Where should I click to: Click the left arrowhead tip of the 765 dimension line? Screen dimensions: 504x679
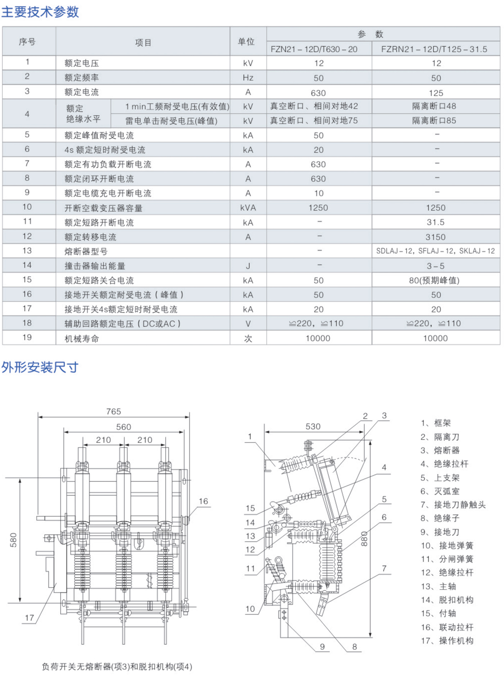coord(38,417)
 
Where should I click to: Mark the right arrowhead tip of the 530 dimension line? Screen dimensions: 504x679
coord(364,432)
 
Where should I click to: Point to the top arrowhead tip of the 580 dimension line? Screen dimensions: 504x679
coord(20,479)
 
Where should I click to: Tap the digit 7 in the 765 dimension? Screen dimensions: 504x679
coord(109,411)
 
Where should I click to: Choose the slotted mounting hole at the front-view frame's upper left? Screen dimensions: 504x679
coord(64,479)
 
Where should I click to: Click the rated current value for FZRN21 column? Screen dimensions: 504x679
coord(436,93)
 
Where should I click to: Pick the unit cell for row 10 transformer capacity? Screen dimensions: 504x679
coord(248,208)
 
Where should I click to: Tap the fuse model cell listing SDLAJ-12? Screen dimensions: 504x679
coord(436,251)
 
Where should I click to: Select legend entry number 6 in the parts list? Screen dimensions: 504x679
coord(440,491)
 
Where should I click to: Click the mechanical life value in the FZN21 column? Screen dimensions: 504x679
coord(318,338)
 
